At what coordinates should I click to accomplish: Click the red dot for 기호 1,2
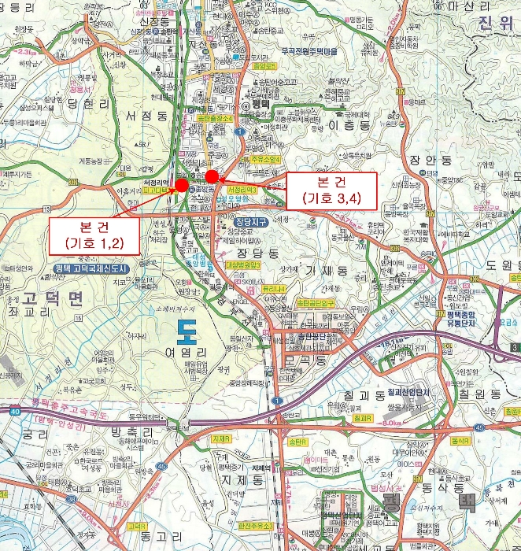click(182, 184)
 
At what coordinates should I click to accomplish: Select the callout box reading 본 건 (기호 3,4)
click(332, 190)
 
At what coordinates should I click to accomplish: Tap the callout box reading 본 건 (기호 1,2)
click(94, 234)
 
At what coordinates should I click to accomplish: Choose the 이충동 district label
click(346, 125)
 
